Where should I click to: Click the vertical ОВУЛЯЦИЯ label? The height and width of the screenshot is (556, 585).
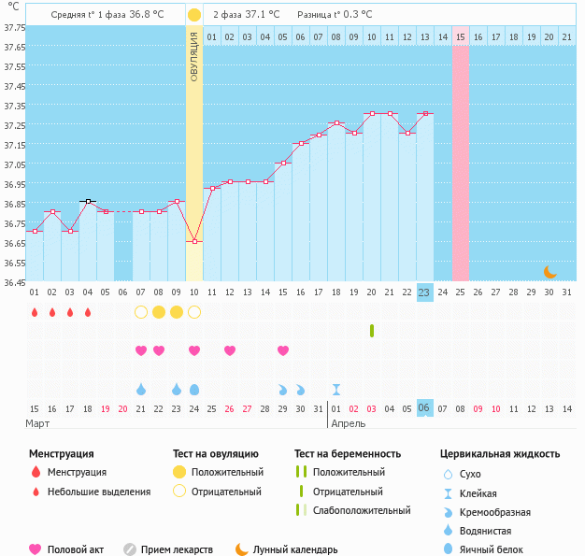[194, 57]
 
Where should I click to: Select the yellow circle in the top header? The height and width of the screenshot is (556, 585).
[193, 15]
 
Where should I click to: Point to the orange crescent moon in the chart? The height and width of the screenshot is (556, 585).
[550, 271]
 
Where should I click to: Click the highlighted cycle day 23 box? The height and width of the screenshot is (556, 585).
[424, 292]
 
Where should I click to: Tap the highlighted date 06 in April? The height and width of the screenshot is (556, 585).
[424, 408]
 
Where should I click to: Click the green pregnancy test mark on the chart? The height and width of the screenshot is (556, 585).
[372, 331]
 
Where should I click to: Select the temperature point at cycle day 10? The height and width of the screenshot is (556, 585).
[194, 241]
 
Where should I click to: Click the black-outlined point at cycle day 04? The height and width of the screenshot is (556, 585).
[88, 201]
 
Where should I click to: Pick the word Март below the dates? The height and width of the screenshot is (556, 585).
[38, 423]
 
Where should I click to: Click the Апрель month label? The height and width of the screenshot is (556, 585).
[348, 423]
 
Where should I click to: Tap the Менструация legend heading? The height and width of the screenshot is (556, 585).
[61, 454]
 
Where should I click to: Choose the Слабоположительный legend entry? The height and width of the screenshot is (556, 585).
[361, 510]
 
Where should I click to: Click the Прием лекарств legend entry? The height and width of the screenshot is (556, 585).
[177, 549]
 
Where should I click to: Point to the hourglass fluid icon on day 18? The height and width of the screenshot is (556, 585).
[336, 389]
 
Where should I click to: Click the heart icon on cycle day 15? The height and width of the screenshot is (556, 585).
[283, 350]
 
